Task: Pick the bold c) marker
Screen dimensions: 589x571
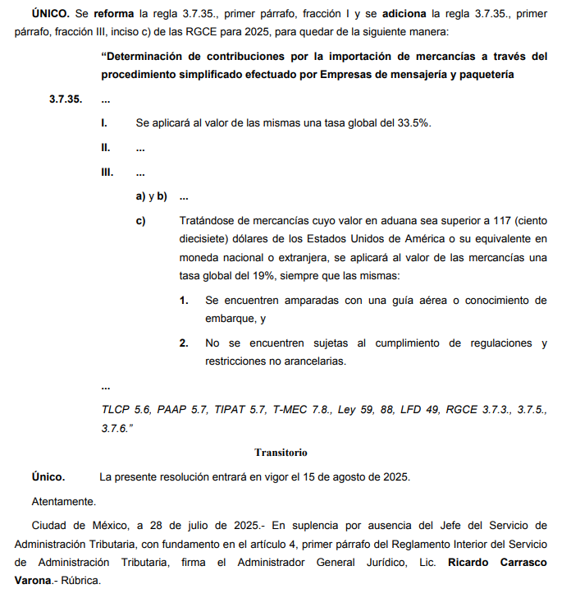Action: (x=141, y=221)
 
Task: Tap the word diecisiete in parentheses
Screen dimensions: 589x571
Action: (x=203, y=239)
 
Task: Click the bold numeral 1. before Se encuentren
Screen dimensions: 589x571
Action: (x=185, y=300)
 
